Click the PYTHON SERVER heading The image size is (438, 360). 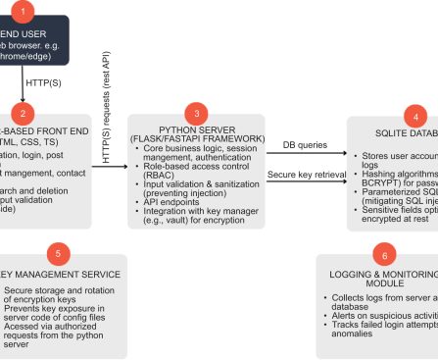click(x=197, y=131)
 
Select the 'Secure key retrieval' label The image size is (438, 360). click(x=308, y=174)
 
